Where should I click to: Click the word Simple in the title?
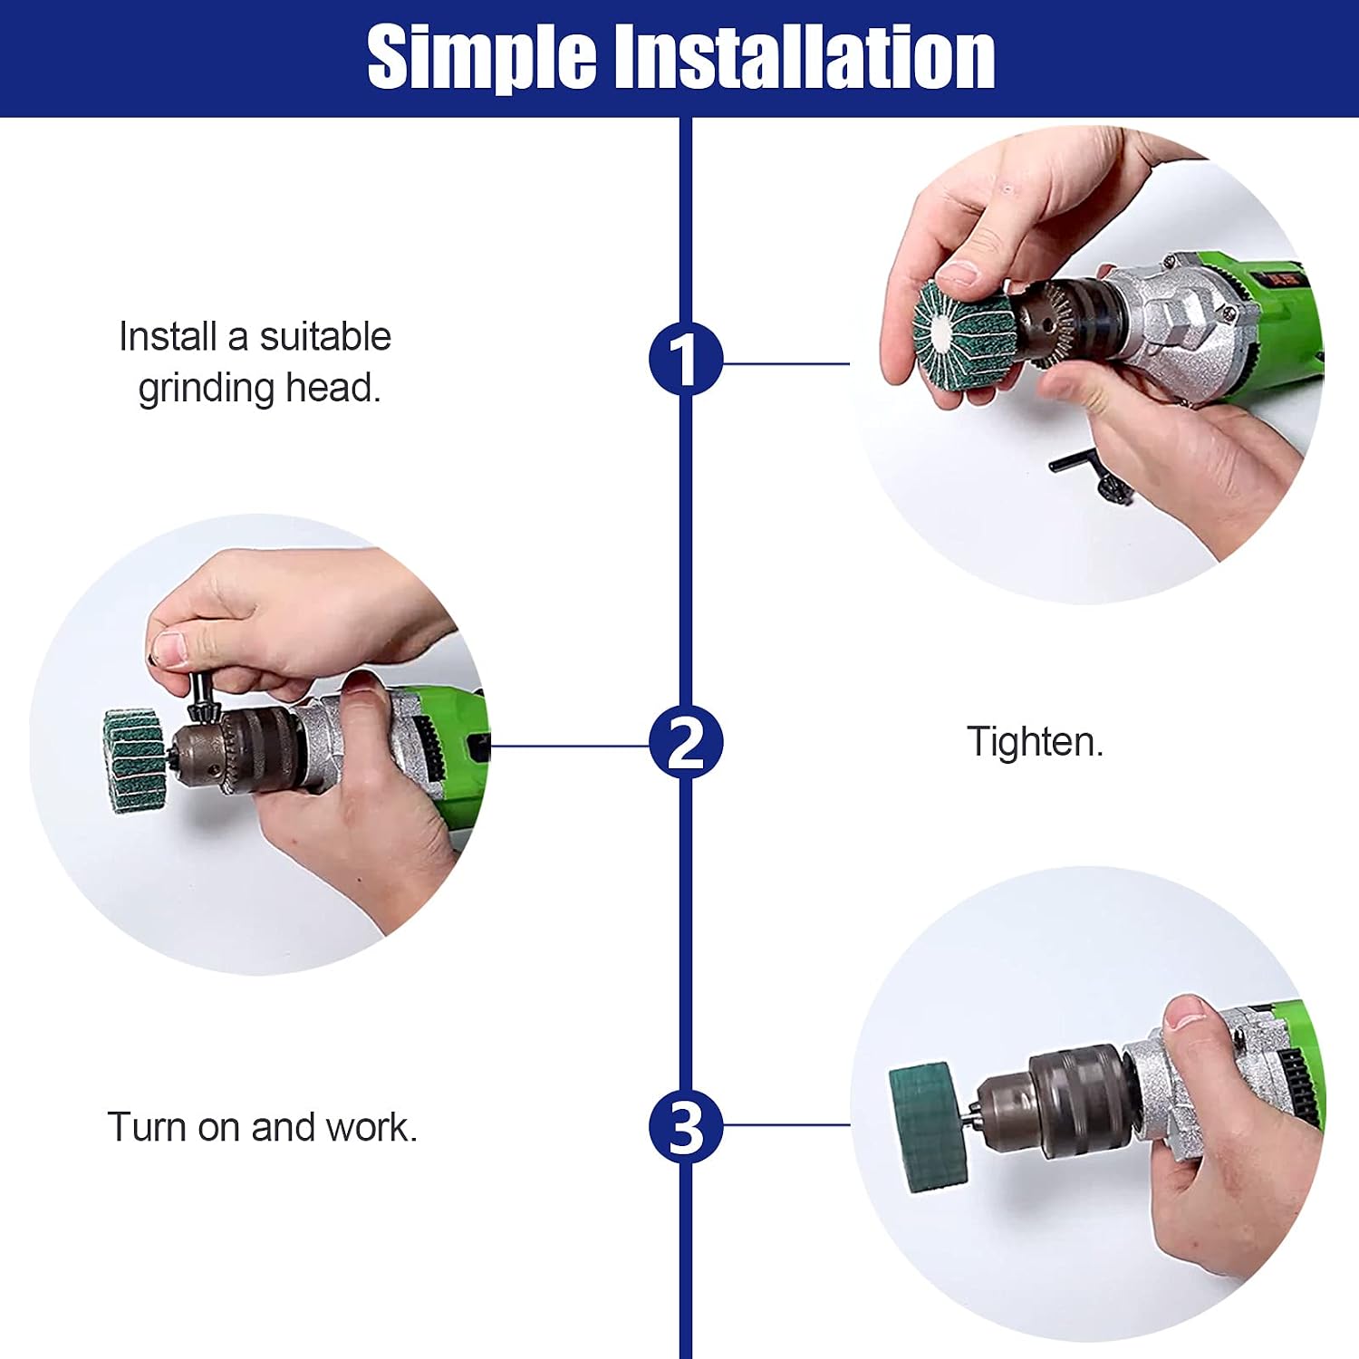pos(481,58)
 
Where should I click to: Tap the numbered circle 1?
pos(686,359)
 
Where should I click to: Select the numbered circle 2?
pos(686,743)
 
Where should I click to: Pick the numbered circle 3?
pos(686,1127)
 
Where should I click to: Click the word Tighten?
pos(1036,741)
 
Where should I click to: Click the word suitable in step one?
pos(325,337)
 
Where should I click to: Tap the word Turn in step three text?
pos(147,1127)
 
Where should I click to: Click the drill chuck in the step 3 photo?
pos(1060,1102)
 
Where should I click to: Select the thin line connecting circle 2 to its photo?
pos(569,746)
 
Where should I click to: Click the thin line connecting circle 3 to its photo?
pos(786,1125)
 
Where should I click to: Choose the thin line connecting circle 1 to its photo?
pos(786,363)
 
